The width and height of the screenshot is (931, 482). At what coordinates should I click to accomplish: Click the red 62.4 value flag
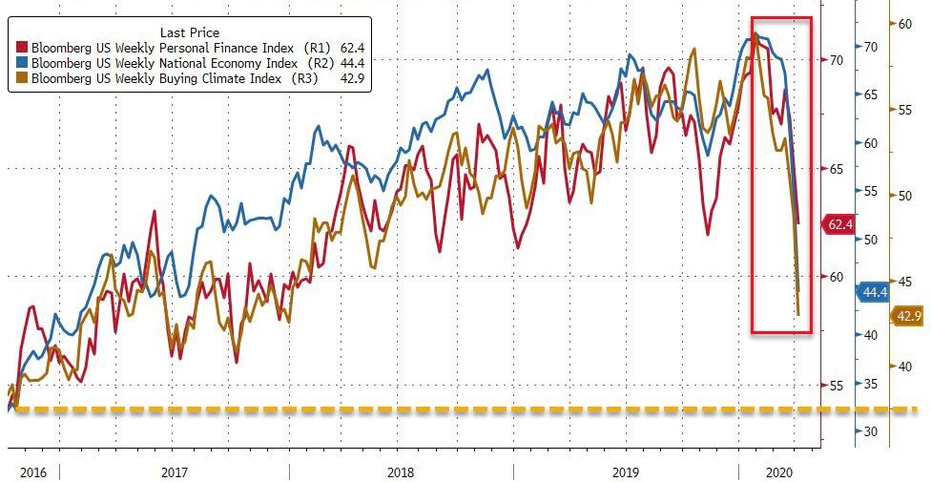(838, 225)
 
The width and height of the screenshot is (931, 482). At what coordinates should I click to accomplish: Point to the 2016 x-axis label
(32, 472)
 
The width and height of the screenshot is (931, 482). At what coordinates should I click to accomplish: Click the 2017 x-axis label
(174, 472)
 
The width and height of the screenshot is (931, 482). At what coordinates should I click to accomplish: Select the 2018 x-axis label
(401, 472)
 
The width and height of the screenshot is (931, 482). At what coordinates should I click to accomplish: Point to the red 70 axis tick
(837, 60)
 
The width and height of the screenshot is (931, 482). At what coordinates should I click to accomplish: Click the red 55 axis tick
(837, 385)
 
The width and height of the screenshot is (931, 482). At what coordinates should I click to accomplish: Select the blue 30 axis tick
(870, 431)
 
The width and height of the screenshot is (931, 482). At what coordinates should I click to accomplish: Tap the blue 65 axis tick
(870, 94)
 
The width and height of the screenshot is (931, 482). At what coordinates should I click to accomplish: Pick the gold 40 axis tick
(904, 366)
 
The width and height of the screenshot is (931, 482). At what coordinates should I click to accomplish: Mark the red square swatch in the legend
(23, 47)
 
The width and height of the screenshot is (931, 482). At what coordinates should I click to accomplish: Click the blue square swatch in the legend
(23, 62)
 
